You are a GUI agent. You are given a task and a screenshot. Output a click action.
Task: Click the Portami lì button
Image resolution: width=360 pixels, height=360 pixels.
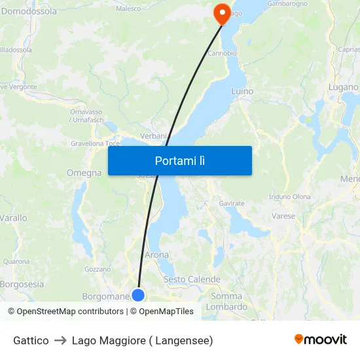(x=179, y=160)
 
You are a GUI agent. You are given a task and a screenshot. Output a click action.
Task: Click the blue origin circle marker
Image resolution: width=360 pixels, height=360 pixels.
(x=138, y=295)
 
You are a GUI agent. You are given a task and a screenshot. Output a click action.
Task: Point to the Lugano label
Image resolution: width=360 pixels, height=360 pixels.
(x=344, y=87)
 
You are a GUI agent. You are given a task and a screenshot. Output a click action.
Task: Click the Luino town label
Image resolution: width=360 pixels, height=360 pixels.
(x=242, y=91)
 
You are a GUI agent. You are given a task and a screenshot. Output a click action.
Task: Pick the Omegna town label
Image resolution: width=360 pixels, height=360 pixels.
(x=84, y=173)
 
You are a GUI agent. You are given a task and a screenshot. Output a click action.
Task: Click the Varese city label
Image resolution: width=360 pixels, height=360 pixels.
(x=283, y=215)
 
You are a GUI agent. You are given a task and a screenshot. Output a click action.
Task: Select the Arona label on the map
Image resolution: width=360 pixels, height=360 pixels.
(x=156, y=255)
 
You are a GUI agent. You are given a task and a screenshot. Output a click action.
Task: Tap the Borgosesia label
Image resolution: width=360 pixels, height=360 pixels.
(x=22, y=284)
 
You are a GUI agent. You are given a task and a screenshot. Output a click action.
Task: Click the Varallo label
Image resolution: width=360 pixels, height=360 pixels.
(x=13, y=218)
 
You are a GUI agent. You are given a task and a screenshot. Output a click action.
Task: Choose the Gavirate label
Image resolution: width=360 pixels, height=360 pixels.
(x=232, y=204)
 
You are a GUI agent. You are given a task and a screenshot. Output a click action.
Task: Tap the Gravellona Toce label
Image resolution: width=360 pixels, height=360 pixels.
(x=95, y=143)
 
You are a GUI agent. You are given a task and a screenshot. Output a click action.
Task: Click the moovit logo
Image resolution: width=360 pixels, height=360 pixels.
(x=320, y=339)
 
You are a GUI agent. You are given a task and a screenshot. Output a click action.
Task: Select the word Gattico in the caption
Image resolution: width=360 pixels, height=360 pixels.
(x=31, y=340)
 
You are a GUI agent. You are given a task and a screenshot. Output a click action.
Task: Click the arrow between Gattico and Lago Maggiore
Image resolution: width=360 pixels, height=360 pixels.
(x=60, y=340)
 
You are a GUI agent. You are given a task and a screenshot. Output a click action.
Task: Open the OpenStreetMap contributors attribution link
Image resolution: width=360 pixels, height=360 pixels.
(x=65, y=312)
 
